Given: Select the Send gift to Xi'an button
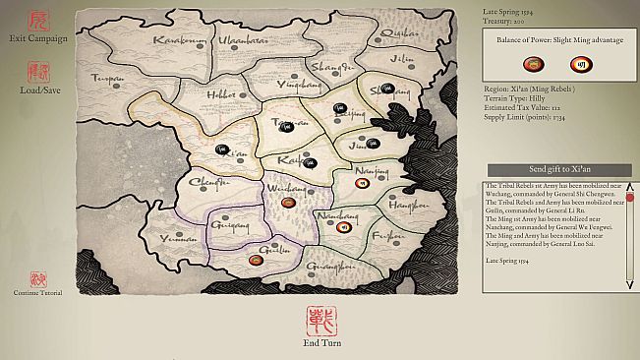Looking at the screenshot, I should point(558,170).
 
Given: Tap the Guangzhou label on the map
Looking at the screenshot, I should point(330,266).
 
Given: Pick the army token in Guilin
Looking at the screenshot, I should point(259,260).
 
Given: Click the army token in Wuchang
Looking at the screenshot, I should point(287,202).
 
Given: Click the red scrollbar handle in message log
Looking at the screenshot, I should point(629,197).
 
